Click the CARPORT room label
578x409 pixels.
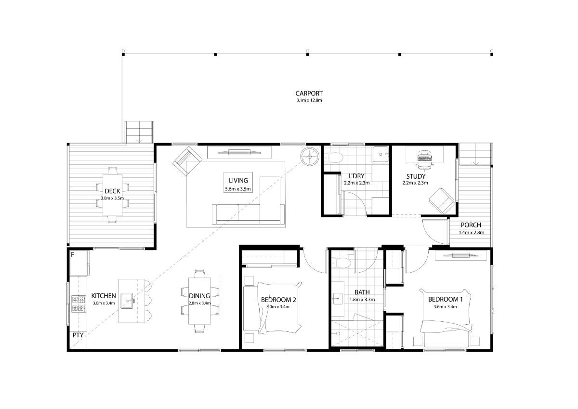point(309,93)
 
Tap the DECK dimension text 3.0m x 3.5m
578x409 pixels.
point(112,198)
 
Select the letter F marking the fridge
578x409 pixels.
point(73,255)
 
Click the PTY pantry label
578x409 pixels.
point(78,335)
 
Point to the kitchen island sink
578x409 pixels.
point(127,301)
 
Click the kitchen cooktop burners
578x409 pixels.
point(79,303)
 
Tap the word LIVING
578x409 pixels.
point(238,180)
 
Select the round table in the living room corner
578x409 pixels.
point(309,157)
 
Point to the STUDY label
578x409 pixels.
point(416,176)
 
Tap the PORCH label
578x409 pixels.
point(471,225)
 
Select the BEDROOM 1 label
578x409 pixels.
point(446,299)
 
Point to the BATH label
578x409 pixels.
point(362,292)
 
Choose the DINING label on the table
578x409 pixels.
point(199,296)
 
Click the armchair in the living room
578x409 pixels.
point(187,161)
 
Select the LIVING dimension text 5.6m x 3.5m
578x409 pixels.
point(238,189)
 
